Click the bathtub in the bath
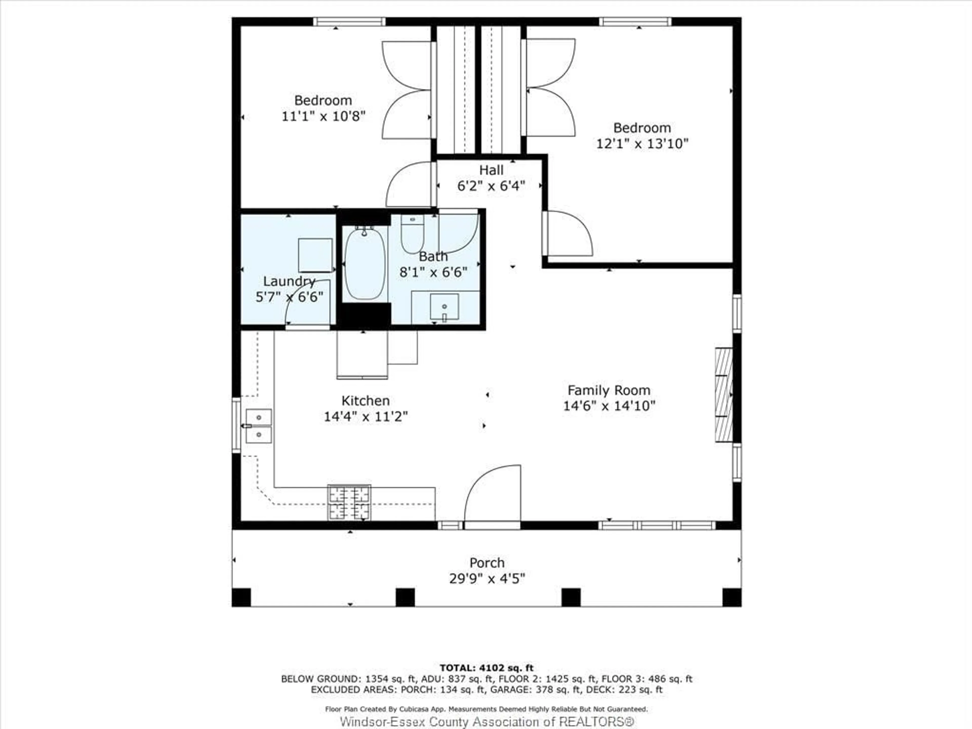365,264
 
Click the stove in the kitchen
349,502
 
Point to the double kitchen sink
259,426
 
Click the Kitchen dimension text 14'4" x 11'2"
366,416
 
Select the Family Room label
609,390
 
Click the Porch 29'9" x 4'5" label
487,570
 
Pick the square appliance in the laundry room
315,255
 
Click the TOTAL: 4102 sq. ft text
487,668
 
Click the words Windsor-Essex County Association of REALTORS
487,721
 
